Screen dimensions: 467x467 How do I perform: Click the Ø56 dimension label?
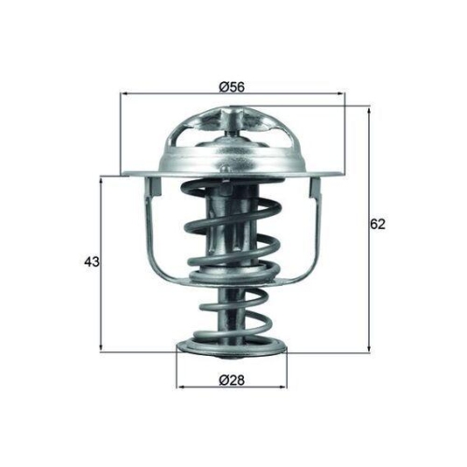pos(232,86)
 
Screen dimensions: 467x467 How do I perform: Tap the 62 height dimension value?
pos(377,224)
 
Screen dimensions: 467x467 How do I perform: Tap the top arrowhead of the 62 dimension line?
pos(369,111)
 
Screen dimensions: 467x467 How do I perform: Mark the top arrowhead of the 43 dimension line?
pos(101,179)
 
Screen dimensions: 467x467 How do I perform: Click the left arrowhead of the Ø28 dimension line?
pos(181,386)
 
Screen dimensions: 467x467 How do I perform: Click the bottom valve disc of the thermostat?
pos(232,352)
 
